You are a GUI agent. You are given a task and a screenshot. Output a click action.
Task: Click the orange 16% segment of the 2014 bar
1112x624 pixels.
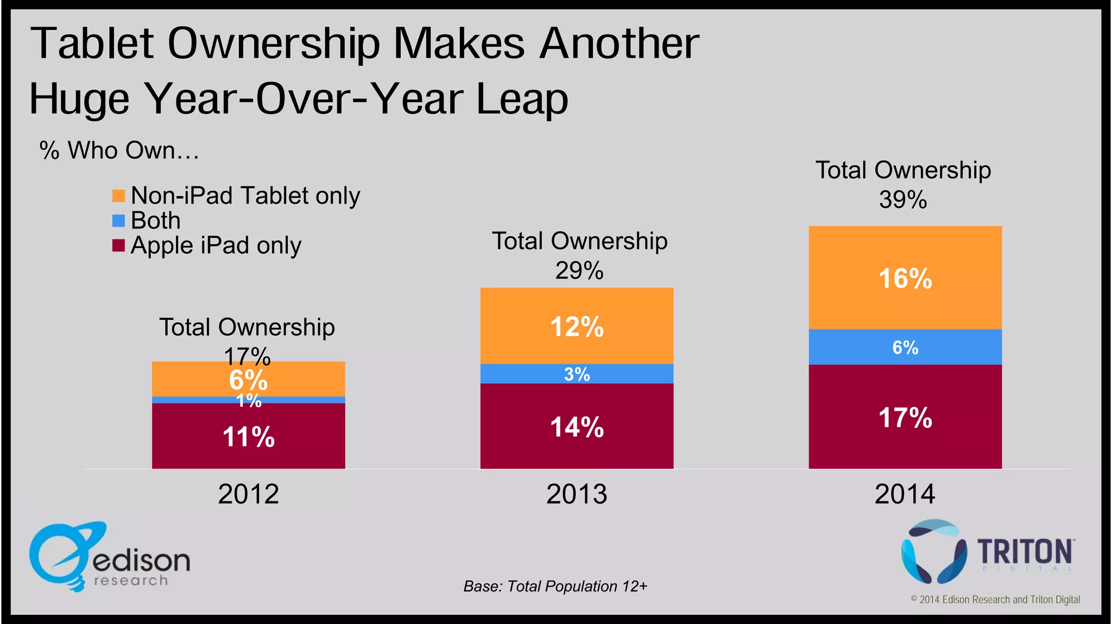point(905,278)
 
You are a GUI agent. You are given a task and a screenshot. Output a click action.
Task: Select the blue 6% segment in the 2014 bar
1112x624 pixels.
point(905,347)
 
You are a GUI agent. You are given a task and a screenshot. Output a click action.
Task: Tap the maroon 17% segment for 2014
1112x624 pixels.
point(905,417)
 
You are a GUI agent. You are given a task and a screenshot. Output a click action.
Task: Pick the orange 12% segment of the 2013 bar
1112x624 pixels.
point(577,326)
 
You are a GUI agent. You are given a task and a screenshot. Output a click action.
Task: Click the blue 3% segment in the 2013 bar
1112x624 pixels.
point(577,374)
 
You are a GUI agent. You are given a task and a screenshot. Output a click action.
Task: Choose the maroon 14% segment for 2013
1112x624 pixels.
point(577,426)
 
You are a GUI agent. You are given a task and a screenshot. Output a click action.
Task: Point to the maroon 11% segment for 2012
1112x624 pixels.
point(248,436)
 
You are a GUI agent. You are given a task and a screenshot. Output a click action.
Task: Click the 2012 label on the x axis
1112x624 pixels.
point(248,494)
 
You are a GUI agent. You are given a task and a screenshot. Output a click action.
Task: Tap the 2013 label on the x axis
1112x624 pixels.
point(577,494)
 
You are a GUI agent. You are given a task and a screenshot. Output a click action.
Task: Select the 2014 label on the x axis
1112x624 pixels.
point(905,494)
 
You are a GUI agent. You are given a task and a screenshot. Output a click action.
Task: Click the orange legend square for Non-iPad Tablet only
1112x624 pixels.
point(118,196)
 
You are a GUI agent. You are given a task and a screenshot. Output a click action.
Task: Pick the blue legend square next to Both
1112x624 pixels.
point(118,220)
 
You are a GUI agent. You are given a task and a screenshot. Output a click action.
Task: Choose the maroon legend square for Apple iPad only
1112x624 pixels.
point(118,245)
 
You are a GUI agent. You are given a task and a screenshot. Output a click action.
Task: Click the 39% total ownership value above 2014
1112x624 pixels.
point(903,199)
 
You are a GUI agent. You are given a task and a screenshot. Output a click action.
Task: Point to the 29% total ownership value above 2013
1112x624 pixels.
point(579,270)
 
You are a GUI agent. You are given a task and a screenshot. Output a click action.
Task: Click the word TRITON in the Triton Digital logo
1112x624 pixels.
point(1025,552)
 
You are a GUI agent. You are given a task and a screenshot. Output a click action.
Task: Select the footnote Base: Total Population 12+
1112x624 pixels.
point(555,587)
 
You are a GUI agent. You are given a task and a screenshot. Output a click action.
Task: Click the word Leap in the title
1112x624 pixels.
point(522,99)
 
